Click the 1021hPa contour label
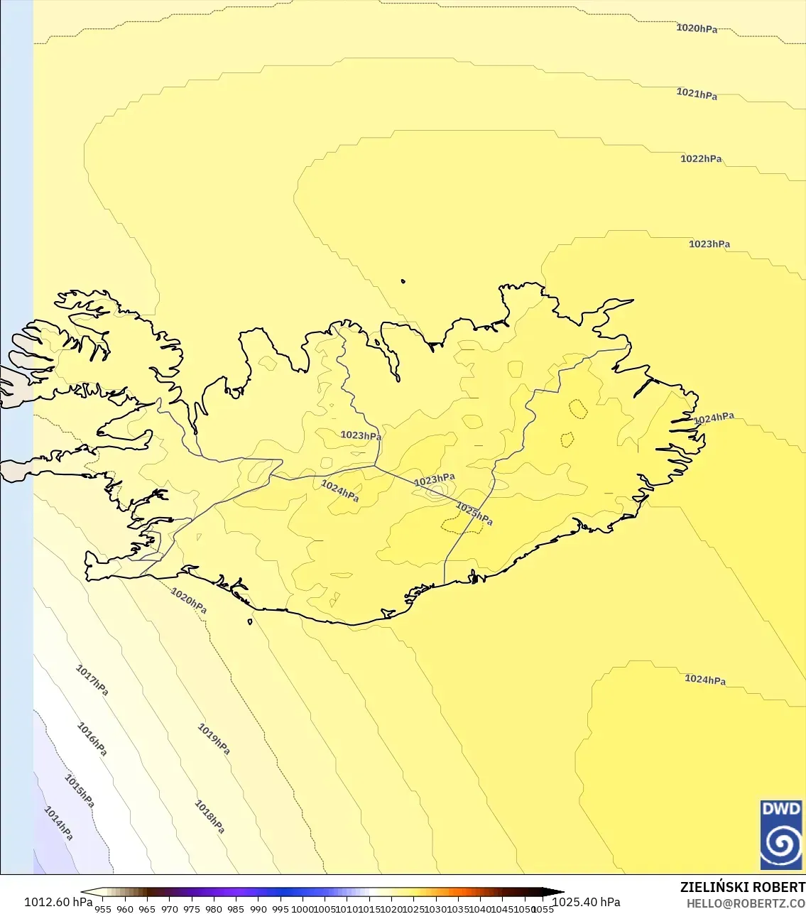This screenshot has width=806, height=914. pyautogui.click(x=697, y=94)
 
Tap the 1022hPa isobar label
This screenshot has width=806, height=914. pyautogui.click(x=701, y=159)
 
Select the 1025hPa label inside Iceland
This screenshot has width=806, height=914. pyautogui.click(x=474, y=513)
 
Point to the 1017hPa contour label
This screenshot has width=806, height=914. pyautogui.click(x=92, y=680)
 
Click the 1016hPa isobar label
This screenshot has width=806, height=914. pyautogui.click(x=92, y=739)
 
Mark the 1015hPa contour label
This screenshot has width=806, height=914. pyautogui.click(x=80, y=790)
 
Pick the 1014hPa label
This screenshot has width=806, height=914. pyautogui.click(x=59, y=823)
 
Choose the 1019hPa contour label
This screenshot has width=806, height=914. pyautogui.click(x=214, y=739)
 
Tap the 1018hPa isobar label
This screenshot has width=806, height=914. pyautogui.click(x=210, y=817)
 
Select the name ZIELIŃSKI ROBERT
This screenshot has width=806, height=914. pyautogui.click(x=742, y=887)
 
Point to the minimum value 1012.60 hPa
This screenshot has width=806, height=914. pyautogui.click(x=58, y=902)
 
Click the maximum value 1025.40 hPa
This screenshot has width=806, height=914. pyautogui.click(x=587, y=902)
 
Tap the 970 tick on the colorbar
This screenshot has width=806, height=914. pyautogui.click(x=169, y=908)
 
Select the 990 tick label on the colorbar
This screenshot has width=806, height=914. pyautogui.click(x=258, y=908)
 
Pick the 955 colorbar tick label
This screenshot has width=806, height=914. pyautogui.click(x=103, y=908)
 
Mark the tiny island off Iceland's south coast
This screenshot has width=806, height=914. pyautogui.click(x=250, y=622)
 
